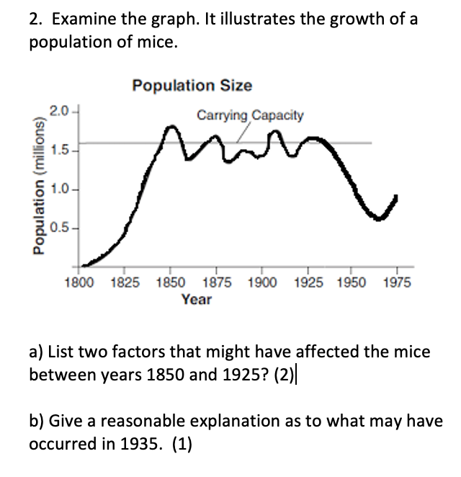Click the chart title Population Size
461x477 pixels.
pyautogui.click(x=192, y=86)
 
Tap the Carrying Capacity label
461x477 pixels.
pyautogui.click(x=250, y=115)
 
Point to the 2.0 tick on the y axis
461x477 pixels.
pyautogui.click(x=59, y=110)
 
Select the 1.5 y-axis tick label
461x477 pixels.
pyautogui.click(x=59, y=151)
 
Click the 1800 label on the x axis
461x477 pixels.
pyautogui.click(x=79, y=283)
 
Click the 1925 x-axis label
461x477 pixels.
pyautogui.click(x=305, y=283)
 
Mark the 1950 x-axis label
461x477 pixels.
pyautogui.click(x=351, y=283)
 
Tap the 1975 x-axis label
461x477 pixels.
pyautogui.click(x=395, y=283)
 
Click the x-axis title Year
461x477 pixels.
pyautogui.click(x=196, y=299)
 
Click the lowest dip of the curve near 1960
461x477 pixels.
pyautogui.click(x=379, y=218)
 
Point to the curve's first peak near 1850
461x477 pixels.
pyautogui.click(x=171, y=129)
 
